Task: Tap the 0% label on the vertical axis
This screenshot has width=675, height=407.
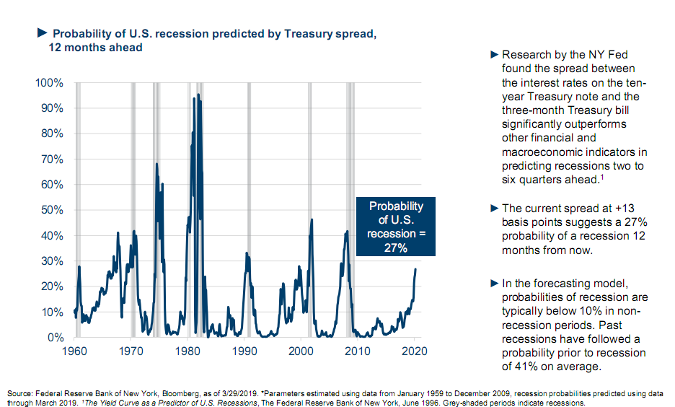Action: (56, 337)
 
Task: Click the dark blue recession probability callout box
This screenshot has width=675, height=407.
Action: (396, 226)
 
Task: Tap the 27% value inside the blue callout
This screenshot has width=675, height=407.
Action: (396, 248)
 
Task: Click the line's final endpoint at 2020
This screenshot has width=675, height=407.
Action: (415, 269)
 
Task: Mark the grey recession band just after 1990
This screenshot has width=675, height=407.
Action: (249, 209)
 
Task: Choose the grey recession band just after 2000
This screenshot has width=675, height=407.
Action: (309, 209)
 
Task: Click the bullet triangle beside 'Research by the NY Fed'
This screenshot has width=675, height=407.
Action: (494, 55)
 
